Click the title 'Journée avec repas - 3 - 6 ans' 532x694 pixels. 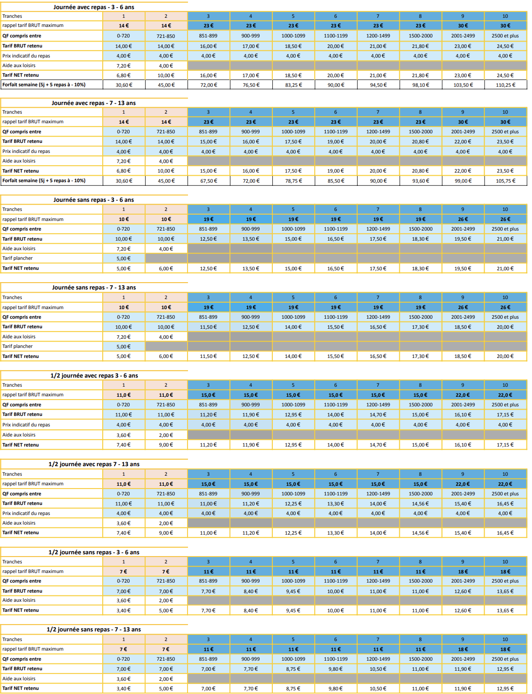click(x=94, y=7)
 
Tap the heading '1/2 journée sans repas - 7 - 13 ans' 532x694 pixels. click(x=94, y=630)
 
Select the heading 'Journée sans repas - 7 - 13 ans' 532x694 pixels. click(x=94, y=288)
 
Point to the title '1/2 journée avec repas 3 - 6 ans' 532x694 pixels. click(x=94, y=376)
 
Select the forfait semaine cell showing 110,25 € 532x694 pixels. click(x=505, y=85)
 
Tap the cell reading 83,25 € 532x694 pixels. click(x=293, y=85)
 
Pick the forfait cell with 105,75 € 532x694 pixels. click(x=505, y=181)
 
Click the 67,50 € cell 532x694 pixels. click(x=209, y=181)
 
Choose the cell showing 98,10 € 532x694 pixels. click(x=420, y=85)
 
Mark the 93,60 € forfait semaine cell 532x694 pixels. click(x=420, y=181)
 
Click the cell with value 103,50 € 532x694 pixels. click(x=463, y=85)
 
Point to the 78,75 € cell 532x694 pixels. click(x=293, y=181)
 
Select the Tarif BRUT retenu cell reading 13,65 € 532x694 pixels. click(x=505, y=591)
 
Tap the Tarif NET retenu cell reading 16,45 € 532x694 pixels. click(x=505, y=533)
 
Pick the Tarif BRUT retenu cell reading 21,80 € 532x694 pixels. click(x=420, y=46)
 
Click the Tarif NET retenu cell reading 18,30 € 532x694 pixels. click(x=420, y=268)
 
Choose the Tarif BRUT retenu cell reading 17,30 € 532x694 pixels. click(x=420, y=327)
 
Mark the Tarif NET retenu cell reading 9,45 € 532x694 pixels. click(x=293, y=610)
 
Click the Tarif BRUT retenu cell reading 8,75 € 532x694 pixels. click(x=293, y=669)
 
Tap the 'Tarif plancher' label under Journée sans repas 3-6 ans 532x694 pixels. click(x=18, y=258)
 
